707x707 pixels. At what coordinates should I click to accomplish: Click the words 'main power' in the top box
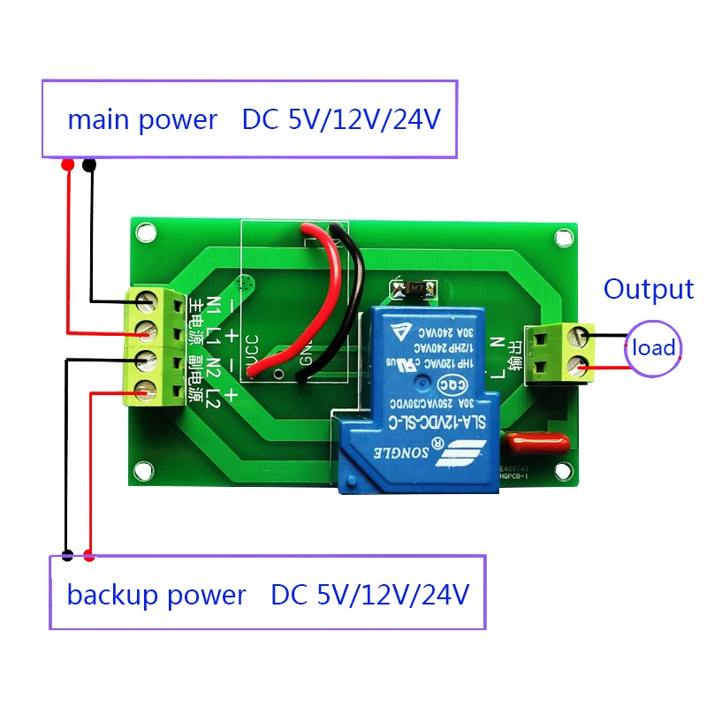point(142,120)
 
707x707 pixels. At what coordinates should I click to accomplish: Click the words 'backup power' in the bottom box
point(156,595)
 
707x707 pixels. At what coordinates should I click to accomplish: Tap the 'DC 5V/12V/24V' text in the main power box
point(340,120)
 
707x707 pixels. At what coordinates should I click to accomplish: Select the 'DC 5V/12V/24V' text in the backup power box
point(369,595)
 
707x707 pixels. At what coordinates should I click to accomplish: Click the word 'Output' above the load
point(648,289)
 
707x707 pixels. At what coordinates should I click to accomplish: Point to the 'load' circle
point(653,347)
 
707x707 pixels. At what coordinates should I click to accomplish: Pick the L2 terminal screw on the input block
point(147,387)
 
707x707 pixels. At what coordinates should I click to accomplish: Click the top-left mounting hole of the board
point(146,232)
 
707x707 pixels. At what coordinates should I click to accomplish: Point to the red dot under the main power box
point(67,165)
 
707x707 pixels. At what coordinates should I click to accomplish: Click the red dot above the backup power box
point(88,556)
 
